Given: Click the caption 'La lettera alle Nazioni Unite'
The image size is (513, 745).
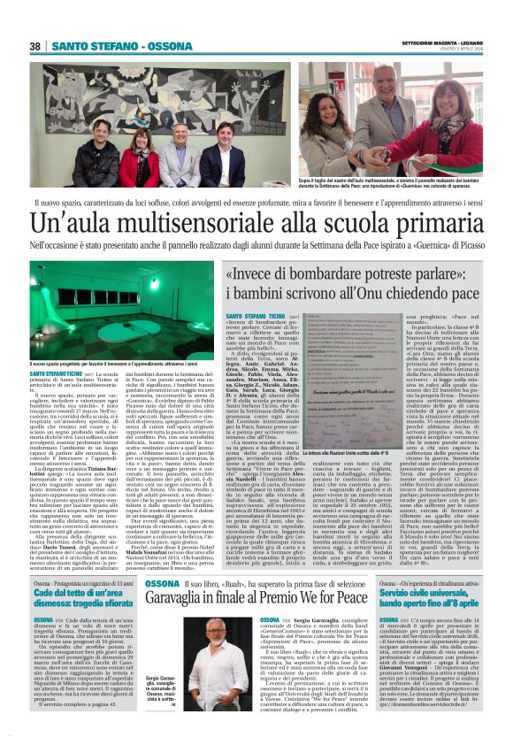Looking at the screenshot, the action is point(354,429).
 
